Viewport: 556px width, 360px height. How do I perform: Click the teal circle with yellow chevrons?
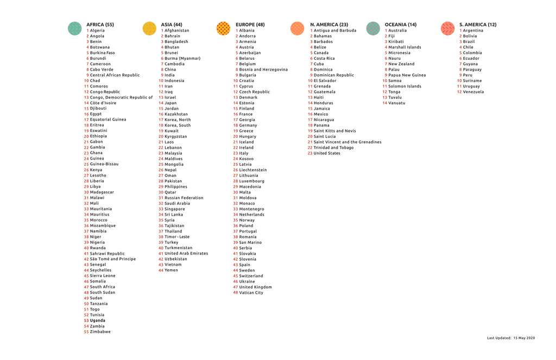(74, 28)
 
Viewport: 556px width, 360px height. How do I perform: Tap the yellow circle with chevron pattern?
(149, 28)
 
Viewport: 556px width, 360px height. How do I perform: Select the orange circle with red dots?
(223, 28)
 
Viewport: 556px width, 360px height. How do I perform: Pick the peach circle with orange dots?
(298, 28)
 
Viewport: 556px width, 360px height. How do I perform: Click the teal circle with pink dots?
(373, 28)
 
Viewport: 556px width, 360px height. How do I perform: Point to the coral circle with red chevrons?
(448, 28)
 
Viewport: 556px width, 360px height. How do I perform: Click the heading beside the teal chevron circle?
(100, 24)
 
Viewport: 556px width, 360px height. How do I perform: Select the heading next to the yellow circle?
(172, 24)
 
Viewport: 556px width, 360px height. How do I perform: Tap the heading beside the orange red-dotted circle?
(250, 24)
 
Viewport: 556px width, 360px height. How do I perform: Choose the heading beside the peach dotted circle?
(329, 24)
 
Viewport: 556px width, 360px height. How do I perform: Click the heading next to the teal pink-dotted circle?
(401, 24)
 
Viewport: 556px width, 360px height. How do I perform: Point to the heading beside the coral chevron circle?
(478, 24)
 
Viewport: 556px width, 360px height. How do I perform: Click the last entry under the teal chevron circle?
(101, 331)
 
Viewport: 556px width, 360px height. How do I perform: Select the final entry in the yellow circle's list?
(172, 270)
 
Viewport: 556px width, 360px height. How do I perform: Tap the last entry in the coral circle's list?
(474, 92)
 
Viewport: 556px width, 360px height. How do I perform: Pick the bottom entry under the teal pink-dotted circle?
(397, 103)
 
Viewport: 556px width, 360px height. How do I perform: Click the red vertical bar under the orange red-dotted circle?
(236, 163)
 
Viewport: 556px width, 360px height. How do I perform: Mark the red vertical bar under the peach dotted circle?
(310, 92)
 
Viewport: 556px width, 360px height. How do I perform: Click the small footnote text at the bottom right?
(511, 338)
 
